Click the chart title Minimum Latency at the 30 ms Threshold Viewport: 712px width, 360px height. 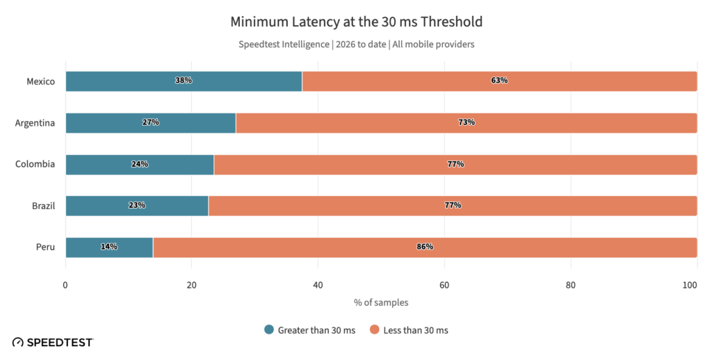coord(356,22)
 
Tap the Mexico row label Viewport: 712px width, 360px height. coord(41,81)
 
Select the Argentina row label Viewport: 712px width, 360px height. coord(35,123)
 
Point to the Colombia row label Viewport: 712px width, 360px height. coord(36,165)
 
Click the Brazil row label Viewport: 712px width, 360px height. coord(43,206)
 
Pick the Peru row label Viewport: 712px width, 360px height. coord(46,247)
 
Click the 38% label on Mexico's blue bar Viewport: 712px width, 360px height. coord(184,81)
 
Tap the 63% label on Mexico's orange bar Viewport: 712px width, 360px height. coord(499,81)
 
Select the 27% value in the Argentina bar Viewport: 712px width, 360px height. coord(150,122)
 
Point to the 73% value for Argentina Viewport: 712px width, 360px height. coord(466,122)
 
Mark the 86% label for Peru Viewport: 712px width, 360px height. coord(425,247)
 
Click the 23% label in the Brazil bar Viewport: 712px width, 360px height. coord(136,205)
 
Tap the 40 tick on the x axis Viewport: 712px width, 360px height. coord(318,285)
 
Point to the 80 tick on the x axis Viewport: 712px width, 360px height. coord(570,285)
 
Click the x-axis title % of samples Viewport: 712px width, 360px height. coord(381,302)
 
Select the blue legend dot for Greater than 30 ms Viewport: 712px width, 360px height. coord(269,330)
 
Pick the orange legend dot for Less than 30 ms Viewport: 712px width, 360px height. coord(374,330)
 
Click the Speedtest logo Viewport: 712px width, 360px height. coord(53,343)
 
